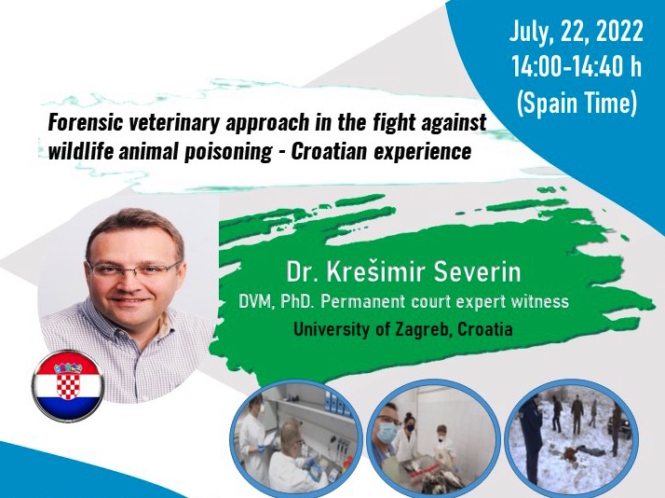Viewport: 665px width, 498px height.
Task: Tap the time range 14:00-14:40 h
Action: point(577,66)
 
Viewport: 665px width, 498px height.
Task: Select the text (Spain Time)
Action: point(577,104)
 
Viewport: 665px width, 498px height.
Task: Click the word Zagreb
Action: point(419,329)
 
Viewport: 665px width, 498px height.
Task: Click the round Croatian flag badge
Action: point(68,384)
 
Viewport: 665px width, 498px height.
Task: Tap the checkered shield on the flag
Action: point(68,380)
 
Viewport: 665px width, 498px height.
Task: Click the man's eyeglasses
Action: point(133,270)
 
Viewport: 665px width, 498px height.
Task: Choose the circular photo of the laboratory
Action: point(295,438)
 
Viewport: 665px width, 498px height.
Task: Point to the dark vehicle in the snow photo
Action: point(620,422)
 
